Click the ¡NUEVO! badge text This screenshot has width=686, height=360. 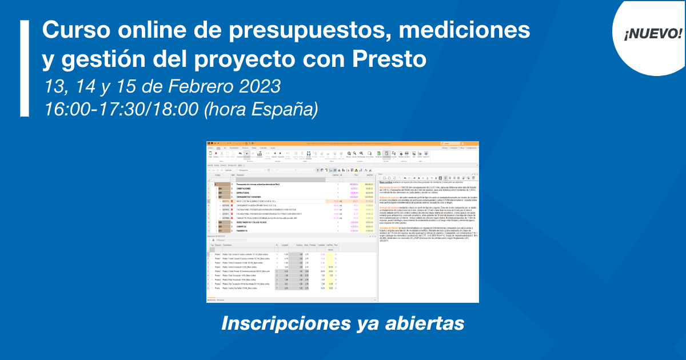tap(653, 33)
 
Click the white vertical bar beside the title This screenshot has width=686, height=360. tap(24, 69)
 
